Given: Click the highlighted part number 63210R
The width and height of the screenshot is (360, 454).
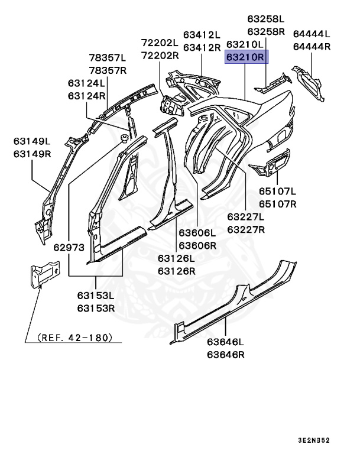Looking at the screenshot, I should coord(246,57).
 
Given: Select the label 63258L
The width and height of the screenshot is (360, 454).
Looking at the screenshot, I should coord(266,19).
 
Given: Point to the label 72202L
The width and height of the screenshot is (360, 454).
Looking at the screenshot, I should coord(160,43).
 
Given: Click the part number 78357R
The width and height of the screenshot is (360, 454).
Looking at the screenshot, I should coord(108,70).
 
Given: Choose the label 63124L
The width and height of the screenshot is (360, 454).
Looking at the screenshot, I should coord(86,83).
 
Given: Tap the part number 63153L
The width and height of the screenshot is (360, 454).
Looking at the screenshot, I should coord(95,296).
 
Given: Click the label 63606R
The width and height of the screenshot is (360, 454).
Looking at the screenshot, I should coord(198,244).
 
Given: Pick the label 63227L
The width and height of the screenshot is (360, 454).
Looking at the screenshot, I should coord(246,217).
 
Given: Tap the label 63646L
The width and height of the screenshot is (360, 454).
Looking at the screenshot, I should coord(225,342).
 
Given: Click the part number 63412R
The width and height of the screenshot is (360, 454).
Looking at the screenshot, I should coord(202,47).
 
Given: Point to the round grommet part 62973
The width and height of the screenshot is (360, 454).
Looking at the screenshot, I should coord(125,138).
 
